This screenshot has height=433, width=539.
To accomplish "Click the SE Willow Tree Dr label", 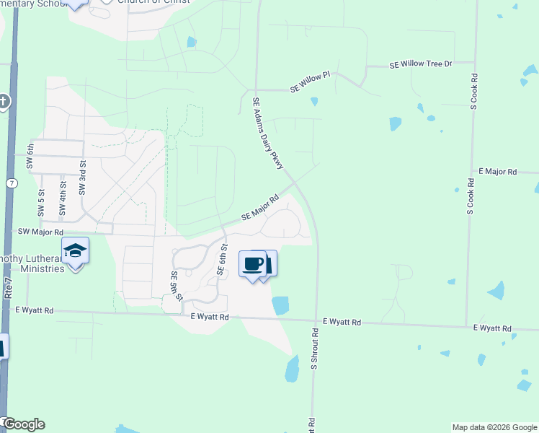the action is click(420, 65).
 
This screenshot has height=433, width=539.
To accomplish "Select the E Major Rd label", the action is click(498, 172).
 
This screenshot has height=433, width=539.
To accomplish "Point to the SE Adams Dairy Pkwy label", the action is click(267, 134).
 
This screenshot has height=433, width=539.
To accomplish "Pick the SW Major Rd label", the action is click(40, 232).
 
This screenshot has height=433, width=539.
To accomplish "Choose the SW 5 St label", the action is click(41, 204).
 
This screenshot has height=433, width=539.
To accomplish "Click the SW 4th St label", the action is click(63, 204).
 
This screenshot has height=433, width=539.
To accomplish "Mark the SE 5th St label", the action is click(175, 287).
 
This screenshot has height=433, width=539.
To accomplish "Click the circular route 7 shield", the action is click(11, 183).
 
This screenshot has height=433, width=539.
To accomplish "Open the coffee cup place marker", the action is click(254, 264).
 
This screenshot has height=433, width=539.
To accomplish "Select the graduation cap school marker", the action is click(75, 251).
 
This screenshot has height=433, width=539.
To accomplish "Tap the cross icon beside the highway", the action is click(4, 102).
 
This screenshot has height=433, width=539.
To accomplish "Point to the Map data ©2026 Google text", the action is click(494, 427).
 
